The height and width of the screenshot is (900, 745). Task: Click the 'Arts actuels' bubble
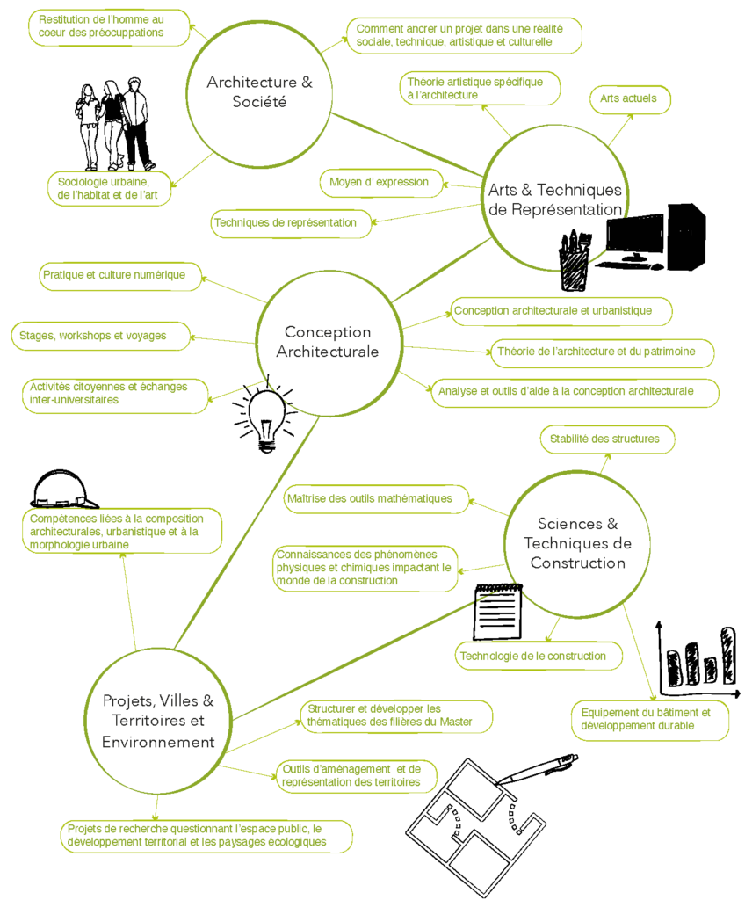coord(630,99)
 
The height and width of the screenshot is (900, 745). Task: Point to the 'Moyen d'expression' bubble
coord(381,183)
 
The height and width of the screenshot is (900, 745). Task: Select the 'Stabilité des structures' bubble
coord(607,439)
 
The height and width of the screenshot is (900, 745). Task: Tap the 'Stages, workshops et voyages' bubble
coord(100,336)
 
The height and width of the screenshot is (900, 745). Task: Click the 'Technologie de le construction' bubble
coord(539,656)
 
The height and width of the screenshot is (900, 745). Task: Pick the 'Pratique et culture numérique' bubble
coord(120,276)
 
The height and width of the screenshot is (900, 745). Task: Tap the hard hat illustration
coord(64,489)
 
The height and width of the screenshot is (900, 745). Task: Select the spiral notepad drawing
coord(497,612)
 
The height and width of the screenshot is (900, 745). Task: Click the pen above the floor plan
coord(536,769)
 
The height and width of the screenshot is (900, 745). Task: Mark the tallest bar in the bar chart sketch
coord(727,655)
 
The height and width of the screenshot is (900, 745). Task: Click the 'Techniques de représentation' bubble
coord(291,223)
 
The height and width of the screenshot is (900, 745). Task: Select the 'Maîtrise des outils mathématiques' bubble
coord(376,499)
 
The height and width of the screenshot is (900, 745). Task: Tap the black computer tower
coord(686,236)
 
